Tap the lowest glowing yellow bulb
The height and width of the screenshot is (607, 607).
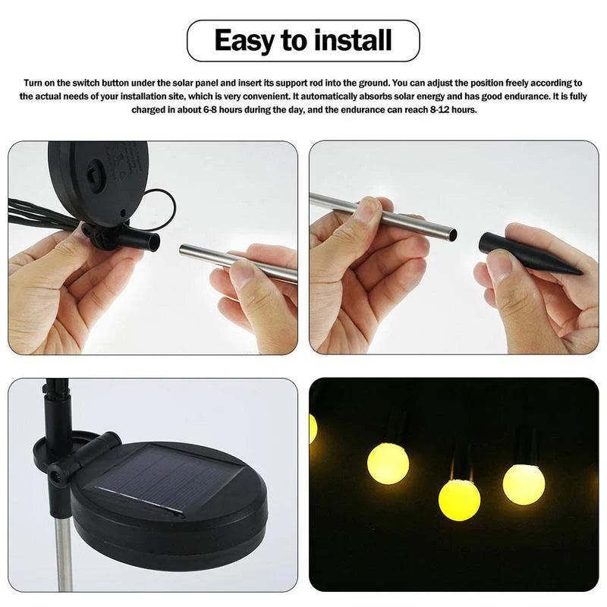click(459, 499)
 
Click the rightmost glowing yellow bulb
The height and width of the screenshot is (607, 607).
click(524, 483)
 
